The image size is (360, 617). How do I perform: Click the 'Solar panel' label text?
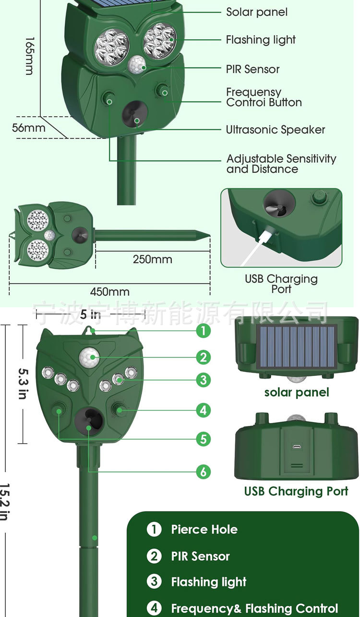click(x=257, y=12)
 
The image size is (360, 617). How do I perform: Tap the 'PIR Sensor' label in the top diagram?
click(x=252, y=69)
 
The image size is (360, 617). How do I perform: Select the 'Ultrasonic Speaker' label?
click(x=275, y=130)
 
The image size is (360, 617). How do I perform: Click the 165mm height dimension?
click(x=29, y=56)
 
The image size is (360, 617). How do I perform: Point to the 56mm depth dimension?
click(x=29, y=128)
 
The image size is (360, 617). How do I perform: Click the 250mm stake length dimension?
click(x=152, y=259)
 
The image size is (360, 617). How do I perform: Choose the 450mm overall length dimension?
click(x=109, y=291)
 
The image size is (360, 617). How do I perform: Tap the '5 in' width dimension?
click(x=90, y=315)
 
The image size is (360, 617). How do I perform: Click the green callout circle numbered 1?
click(x=203, y=330)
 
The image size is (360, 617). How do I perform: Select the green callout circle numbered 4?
click(x=203, y=410)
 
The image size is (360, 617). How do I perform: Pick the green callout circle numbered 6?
click(x=203, y=472)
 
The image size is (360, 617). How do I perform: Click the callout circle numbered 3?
click(x=203, y=380)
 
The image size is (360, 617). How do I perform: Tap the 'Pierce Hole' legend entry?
click(x=204, y=530)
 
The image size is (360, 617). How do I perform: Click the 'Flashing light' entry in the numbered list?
click(x=208, y=582)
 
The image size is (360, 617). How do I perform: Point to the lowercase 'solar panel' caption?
click(x=297, y=392)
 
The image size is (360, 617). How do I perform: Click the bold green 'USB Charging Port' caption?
click(x=296, y=491)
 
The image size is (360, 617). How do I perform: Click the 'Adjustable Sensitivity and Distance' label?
click(x=281, y=164)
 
